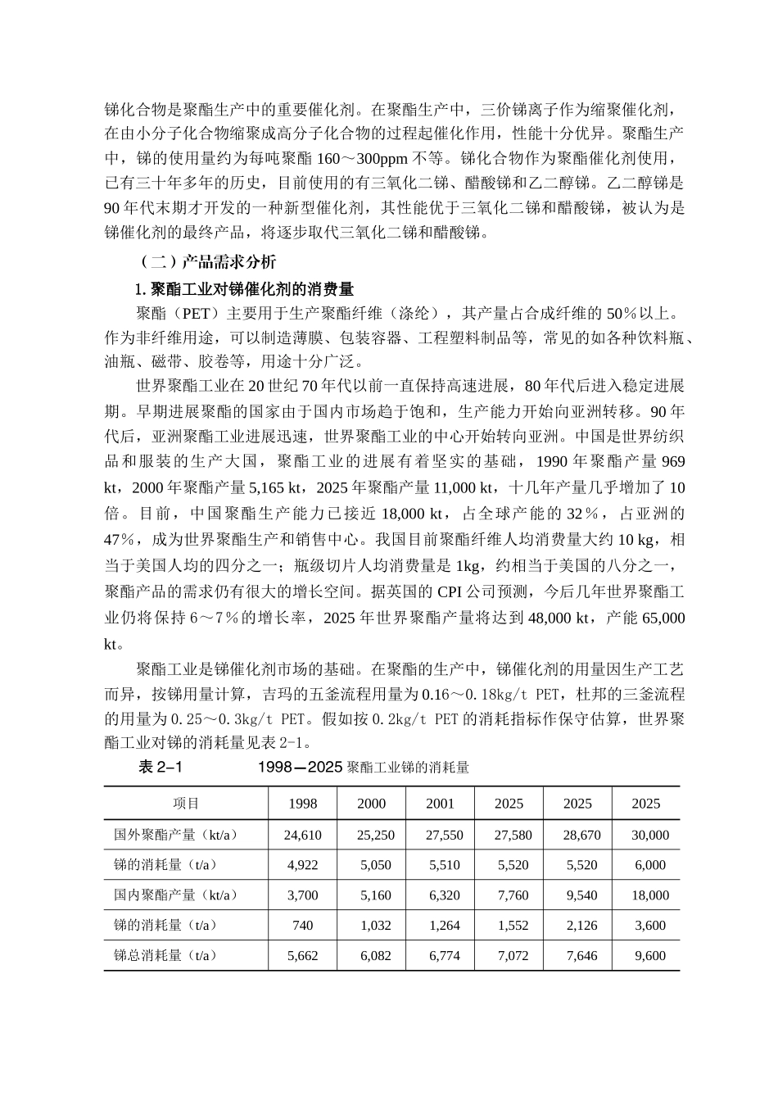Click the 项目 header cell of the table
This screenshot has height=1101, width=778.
click(x=186, y=804)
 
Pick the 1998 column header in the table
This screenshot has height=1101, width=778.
click(x=303, y=804)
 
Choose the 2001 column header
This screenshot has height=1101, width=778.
click(x=440, y=804)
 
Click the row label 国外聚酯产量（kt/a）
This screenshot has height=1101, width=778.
click(x=175, y=835)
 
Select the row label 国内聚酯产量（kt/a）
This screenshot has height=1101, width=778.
click(x=175, y=895)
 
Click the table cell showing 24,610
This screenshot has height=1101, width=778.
click(x=303, y=836)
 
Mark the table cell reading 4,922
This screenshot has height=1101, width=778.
click(x=303, y=865)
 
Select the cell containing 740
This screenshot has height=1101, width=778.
click(x=303, y=926)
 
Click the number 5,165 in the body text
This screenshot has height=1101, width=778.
click(x=262, y=488)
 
